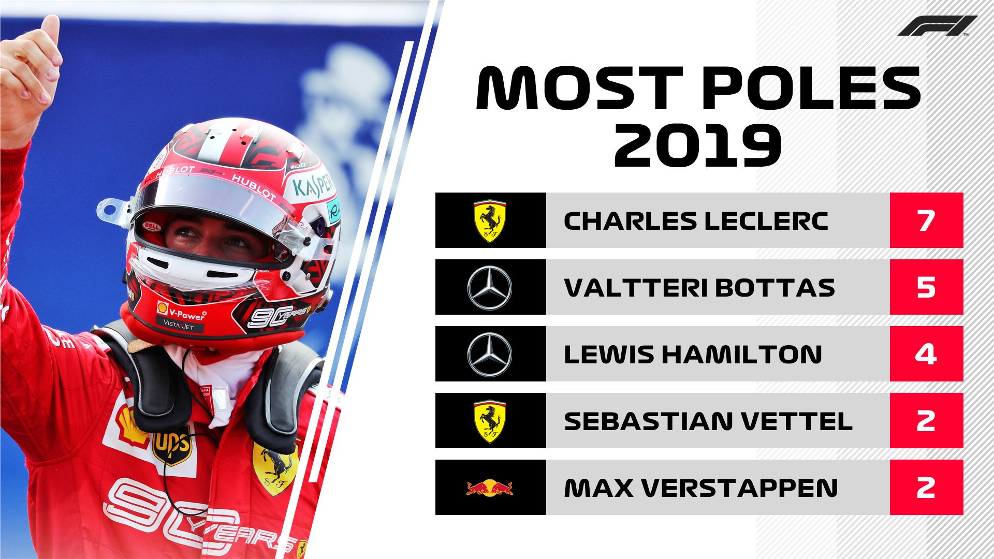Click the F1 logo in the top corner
[937, 26]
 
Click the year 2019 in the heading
[697, 146]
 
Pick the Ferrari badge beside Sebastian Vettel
[490, 421]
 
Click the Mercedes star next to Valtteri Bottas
[490, 288]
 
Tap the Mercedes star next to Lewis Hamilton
[490, 355]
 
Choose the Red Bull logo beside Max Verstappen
[490, 488]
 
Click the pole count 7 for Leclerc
[926, 220]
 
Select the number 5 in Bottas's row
[926, 287]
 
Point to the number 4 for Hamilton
[926, 354]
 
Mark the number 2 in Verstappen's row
[926, 488]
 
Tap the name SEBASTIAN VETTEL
[708, 421]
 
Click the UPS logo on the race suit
[172, 445]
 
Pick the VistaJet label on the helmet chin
[179, 326]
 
